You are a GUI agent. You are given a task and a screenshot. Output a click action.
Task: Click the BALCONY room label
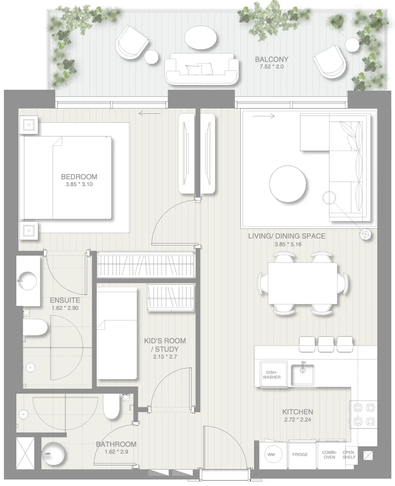[x=271, y=59]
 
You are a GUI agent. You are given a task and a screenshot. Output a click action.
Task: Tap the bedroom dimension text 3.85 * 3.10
[x=79, y=184]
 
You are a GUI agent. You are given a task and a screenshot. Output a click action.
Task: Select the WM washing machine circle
[x=271, y=454]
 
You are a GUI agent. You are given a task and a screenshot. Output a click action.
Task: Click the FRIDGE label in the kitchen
[x=300, y=454]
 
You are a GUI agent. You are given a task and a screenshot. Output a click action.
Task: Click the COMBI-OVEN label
[x=329, y=455]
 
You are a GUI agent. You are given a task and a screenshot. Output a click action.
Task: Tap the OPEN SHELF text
[x=349, y=455]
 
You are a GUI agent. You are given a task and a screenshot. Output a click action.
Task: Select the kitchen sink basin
[x=302, y=375]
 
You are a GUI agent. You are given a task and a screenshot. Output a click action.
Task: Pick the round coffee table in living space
[x=288, y=184]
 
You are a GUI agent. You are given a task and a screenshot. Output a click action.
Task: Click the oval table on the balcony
[x=201, y=37]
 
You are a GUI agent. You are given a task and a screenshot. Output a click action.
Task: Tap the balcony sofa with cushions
[x=201, y=69]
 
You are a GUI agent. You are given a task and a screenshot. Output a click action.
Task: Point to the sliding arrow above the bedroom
[x=149, y=114]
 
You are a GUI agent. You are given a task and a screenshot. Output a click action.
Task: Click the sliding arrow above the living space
[x=263, y=116]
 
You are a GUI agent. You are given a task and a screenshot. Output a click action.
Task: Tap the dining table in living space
[x=302, y=283]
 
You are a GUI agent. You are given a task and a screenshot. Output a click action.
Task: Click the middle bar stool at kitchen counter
[x=326, y=344]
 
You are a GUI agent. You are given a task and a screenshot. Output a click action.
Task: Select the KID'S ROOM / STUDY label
[x=165, y=345]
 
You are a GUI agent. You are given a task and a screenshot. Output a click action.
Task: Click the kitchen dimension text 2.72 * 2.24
[x=298, y=420]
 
